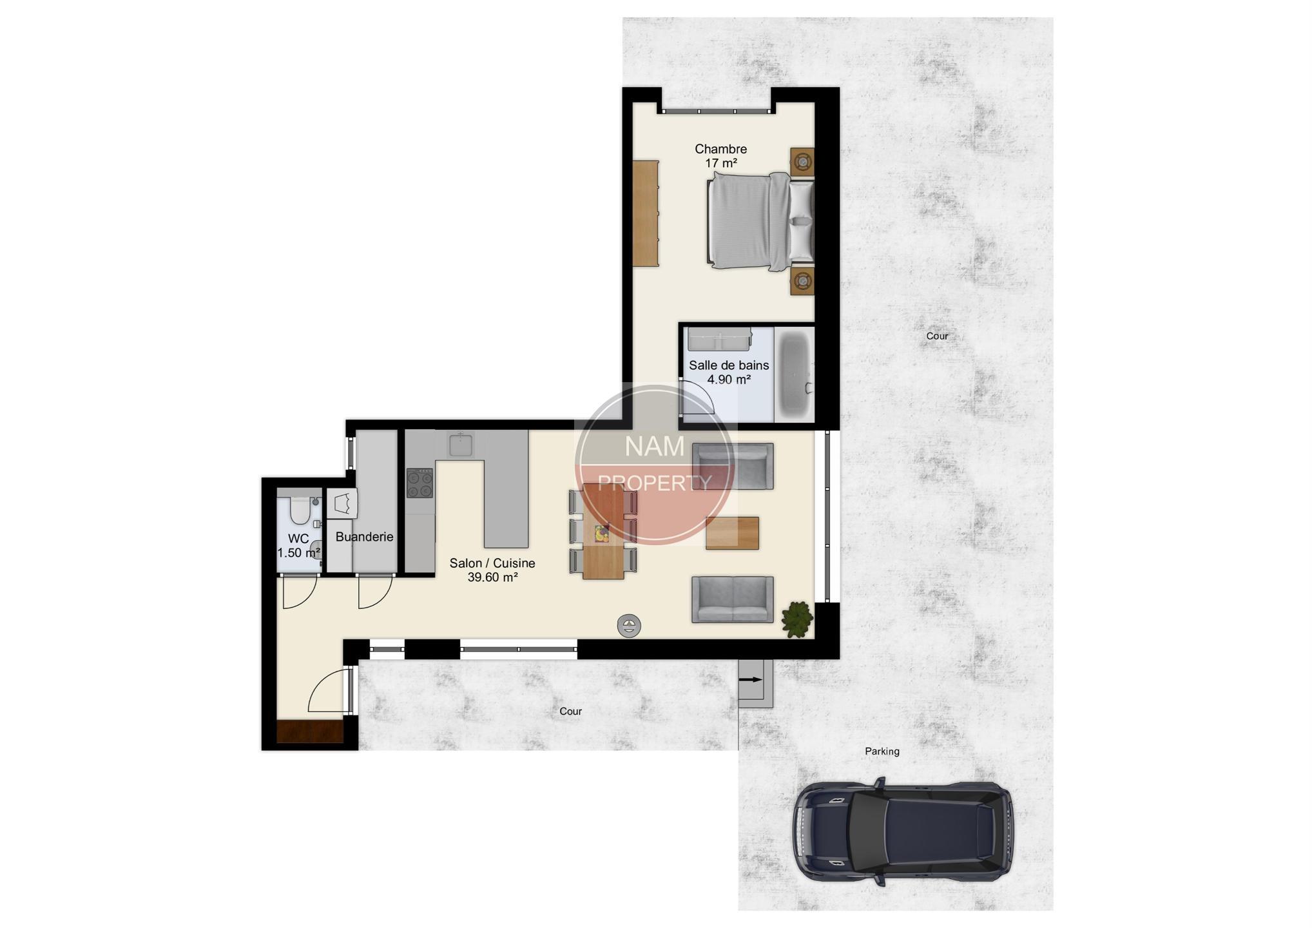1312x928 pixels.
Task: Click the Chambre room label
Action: point(720,149)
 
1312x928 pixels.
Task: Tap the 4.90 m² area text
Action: point(729,380)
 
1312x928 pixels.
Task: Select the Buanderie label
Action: point(364,537)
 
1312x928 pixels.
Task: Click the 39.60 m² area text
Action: point(492,577)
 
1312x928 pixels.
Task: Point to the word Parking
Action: point(882,751)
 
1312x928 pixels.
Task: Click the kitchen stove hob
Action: point(420,483)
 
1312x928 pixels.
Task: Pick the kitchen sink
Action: point(461,444)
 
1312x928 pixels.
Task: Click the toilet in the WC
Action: point(300,509)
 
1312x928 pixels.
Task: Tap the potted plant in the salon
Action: point(797,619)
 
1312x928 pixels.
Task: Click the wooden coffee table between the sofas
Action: point(732,533)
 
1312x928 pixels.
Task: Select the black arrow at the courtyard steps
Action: point(751,680)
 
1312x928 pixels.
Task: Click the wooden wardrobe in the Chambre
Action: point(646,213)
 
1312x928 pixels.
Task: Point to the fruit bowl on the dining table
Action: point(602,533)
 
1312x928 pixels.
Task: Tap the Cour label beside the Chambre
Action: point(937,336)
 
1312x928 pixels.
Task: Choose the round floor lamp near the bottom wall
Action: point(629,625)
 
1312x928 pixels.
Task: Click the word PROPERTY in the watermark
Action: point(655,483)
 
